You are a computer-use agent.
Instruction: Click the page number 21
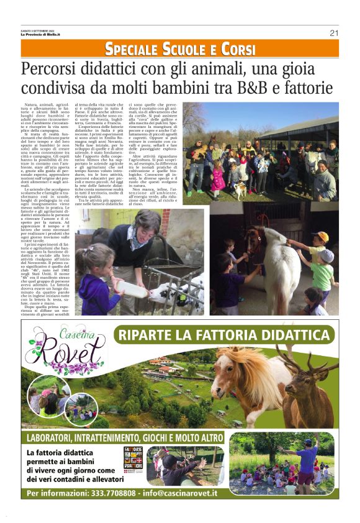pos(333,33)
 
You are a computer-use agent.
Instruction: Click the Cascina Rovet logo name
pos(63,353)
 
